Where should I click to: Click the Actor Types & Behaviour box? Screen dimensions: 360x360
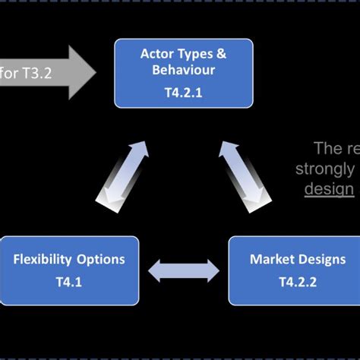183,73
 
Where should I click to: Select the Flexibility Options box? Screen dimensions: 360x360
69,270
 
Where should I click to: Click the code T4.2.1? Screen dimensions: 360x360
183,90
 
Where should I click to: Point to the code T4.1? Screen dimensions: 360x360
69,280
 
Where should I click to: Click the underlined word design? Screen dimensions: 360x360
329,188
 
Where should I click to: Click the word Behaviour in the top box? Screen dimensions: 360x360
183,70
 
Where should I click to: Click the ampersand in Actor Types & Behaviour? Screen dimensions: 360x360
221,53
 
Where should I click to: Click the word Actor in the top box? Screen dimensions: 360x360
156,53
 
